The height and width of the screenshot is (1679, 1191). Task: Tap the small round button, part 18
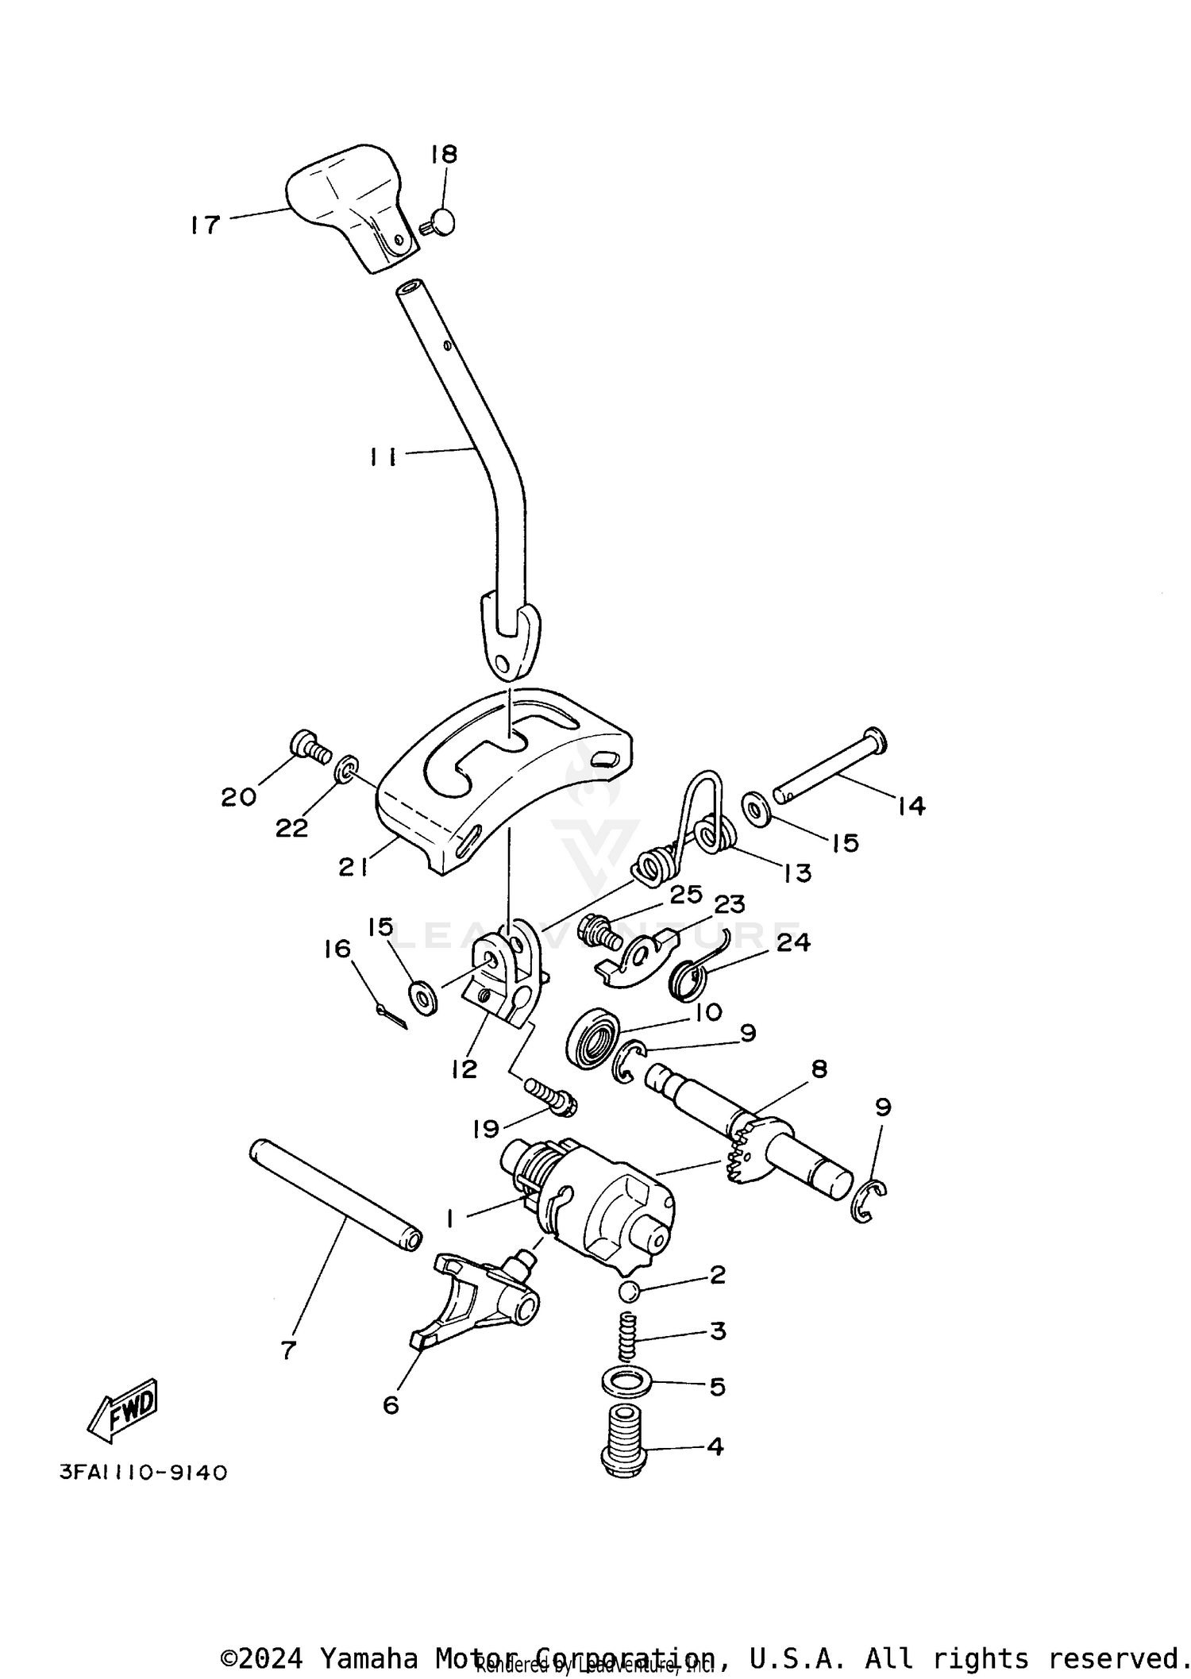click(441, 222)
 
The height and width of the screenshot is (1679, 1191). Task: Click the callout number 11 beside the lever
click(382, 457)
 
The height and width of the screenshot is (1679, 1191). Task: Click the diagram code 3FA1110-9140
click(144, 1473)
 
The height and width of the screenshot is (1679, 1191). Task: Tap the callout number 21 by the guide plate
click(353, 868)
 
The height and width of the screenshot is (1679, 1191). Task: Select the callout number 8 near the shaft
click(818, 1069)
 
